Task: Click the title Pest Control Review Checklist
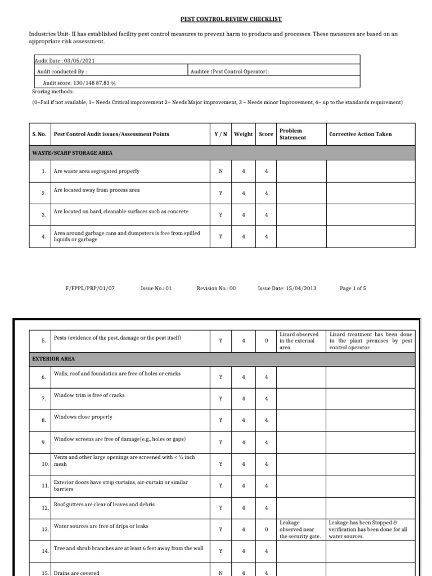231,19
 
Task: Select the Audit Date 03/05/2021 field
62,60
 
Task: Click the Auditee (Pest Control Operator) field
230,71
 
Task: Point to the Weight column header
244,134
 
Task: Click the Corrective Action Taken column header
361,134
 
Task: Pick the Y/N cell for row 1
220,172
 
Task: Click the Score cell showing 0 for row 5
266,341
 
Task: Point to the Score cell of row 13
266,530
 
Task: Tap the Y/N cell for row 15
220,573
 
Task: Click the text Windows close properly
83,417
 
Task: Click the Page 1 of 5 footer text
353,288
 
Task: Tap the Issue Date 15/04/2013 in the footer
287,288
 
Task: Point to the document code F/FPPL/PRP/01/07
91,288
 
